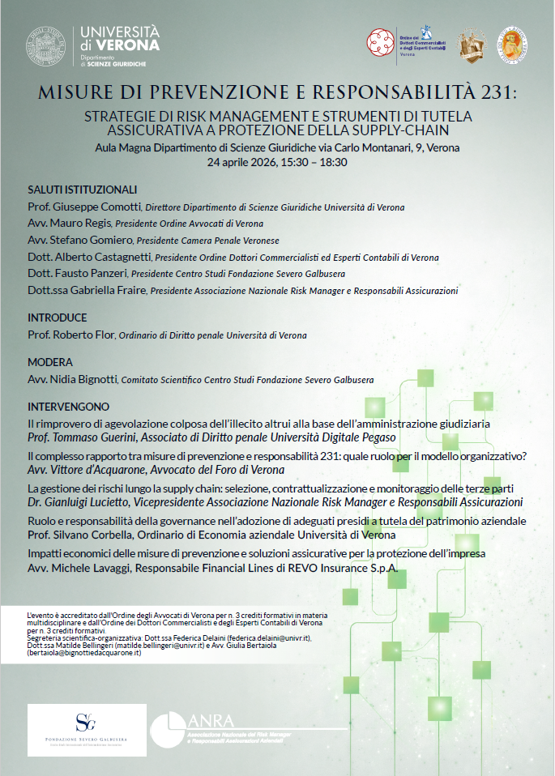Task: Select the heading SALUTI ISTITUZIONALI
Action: tap(77, 189)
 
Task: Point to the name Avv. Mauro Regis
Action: tap(70, 223)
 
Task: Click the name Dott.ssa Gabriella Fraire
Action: tap(86, 290)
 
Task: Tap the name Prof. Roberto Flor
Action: tap(71, 334)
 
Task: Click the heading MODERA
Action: tap(50, 362)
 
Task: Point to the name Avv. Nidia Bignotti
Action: tap(74, 378)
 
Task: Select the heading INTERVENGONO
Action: tap(69, 406)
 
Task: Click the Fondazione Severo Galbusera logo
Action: tap(87, 729)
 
